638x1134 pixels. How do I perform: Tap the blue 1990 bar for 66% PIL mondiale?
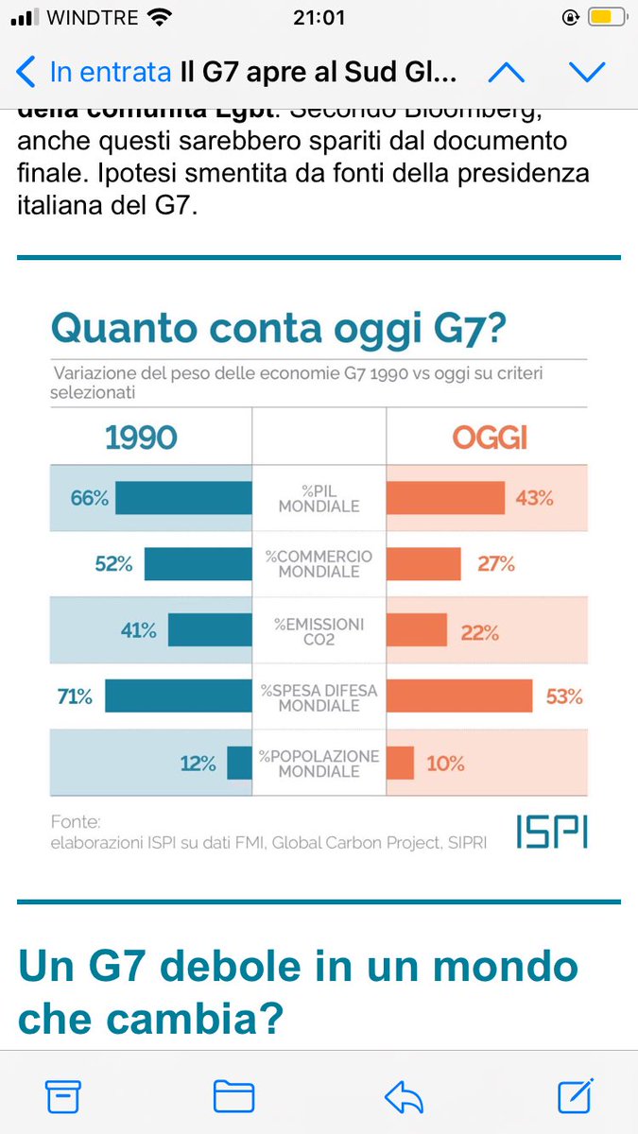tap(183, 498)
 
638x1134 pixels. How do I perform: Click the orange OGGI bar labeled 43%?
tap(445, 498)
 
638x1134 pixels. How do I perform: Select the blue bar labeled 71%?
tap(178, 696)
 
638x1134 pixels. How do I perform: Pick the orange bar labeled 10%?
tap(400, 763)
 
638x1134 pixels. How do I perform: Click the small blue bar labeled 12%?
tap(239, 763)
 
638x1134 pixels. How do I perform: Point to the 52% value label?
tap(113, 564)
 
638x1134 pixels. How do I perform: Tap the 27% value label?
tap(495, 564)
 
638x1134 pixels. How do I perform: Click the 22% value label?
tap(479, 632)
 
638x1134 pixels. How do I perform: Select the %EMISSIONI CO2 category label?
tap(319, 631)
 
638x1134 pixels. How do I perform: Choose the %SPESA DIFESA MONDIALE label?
tap(319, 697)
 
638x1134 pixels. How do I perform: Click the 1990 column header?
tap(140, 438)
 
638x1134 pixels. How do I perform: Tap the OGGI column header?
tap(489, 438)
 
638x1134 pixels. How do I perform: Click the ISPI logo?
tap(551, 831)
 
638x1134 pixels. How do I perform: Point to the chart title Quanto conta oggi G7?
tap(278, 328)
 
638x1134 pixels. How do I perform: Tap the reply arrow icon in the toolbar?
tap(405, 1096)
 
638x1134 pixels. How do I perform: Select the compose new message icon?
tap(575, 1095)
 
